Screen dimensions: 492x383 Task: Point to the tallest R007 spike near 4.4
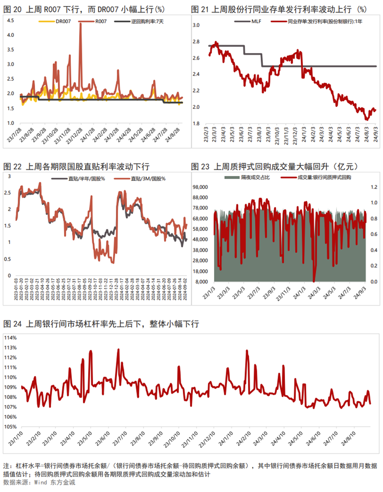coord(80,24)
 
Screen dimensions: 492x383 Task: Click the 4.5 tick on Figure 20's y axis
coord(10,20)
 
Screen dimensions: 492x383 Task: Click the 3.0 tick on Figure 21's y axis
coord(196,25)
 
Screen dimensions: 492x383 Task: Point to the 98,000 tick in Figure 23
coord(200,187)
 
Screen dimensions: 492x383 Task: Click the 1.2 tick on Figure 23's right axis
coord(374,187)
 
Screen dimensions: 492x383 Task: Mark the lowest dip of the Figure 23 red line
coord(314,281)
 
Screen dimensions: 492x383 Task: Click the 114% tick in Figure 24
coord(10,338)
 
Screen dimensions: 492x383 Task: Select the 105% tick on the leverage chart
coord(10,427)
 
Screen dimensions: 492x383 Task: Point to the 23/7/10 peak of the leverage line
coord(119,349)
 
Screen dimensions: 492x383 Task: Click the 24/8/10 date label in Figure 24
coord(348,438)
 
